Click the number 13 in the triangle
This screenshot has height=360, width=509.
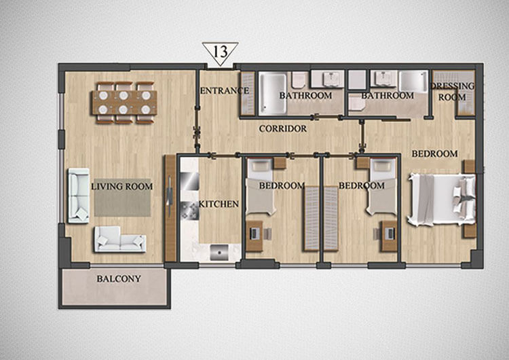(x=221, y=52)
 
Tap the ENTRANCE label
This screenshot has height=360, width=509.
(x=225, y=90)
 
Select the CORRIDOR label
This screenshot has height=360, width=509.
(x=283, y=128)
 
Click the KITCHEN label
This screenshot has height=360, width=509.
(x=219, y=204)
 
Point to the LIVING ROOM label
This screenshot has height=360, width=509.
(x=121, y=187)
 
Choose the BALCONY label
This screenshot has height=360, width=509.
(x=119, y=278)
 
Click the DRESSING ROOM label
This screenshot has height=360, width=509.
(x=453, y=92)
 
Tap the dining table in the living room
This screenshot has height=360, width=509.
(x=125, y=103)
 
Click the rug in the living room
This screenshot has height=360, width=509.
(x=122, y=198)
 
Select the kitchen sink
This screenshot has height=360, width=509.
(x=219, y=253)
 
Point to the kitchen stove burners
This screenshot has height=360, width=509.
(x=189, y=211)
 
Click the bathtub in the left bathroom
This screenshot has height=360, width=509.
(x=273, y=94)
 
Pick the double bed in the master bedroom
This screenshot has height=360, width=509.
(x=442, y=199)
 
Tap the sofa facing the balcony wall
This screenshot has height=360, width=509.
(x=120, y=240)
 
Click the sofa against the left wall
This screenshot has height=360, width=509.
(x=79, y=196)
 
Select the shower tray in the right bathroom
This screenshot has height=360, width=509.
(x=413, y=82)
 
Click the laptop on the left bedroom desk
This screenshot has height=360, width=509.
(x=254, y=233)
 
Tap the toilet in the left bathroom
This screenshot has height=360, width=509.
(x=298, y=80)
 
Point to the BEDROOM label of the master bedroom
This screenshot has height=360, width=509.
(x=434, y=154)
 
